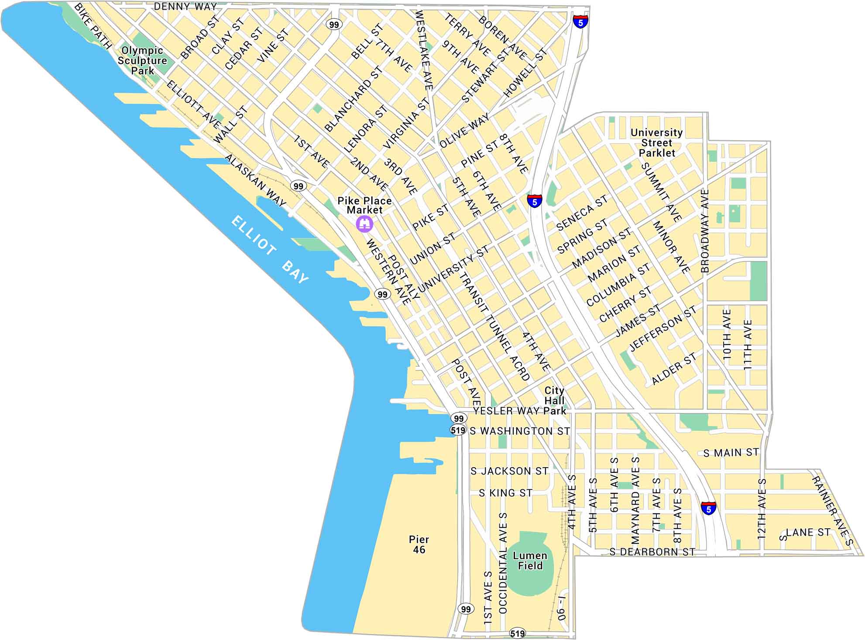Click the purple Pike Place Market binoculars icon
click(x=364, y=224)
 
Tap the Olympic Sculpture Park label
click(x=142, y=61)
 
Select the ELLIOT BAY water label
click(x=269, y=249)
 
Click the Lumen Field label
click(x=530, y=561)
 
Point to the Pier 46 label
click(x=419, y=544)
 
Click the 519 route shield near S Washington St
click(x=458, y=430)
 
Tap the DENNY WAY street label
click(x=185, y=7)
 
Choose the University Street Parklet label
click(x=656, y=143)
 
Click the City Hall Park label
click(x=554, y=400)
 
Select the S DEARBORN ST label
click(x=652, y=552)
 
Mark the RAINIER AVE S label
click(x=832, y=511)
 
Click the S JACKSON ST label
click(x=509, y=471)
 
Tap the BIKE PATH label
click(x=93, y=26)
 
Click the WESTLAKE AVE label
click(x=423, y=50)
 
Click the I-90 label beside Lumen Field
click(x=562, y=607)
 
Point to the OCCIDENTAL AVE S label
click(x=503, y=563)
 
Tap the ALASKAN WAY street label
click(x=255, y=180)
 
